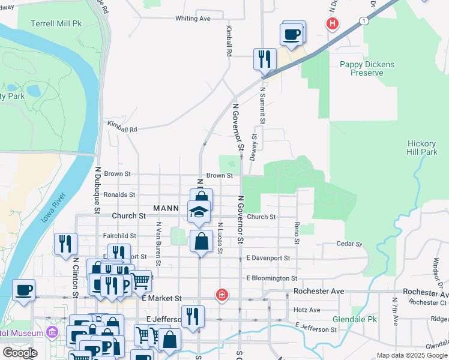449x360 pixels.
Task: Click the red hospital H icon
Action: click(331, 24)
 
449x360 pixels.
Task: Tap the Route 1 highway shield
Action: click(364, 21)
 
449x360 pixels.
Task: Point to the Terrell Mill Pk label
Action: click(56, 23)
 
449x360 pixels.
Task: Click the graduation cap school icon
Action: click(199, 211)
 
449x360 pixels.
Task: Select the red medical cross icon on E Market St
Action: click(222, 295)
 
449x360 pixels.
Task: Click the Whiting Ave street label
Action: click(193, 19)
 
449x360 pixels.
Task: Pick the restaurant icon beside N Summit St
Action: click(265, 59)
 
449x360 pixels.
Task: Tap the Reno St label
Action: click(297, 232)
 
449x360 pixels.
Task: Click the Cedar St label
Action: click(350, 244)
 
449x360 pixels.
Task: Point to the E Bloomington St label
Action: click(272, 278)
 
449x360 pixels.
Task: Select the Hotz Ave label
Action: click(308, 310)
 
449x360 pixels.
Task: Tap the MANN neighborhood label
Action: click(166, 209)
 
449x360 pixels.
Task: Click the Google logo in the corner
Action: click(20, 353)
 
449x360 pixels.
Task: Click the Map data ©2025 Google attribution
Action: click(411, 355)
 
